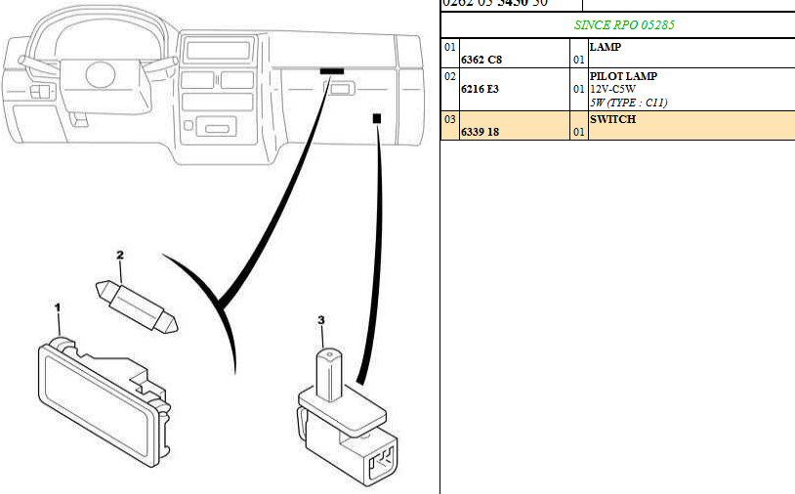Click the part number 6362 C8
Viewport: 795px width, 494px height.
click(481, 61)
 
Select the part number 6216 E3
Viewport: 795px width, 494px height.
click(480, 90)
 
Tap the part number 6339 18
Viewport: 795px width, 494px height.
click(480, 132)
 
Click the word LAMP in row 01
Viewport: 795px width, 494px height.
click(606, 47)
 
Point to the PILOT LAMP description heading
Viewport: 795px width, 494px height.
click(623, 76)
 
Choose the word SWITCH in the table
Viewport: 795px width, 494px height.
click(612, 119)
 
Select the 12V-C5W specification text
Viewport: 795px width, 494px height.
click(612, 89)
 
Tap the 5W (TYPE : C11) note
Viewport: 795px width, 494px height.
click(628, 103)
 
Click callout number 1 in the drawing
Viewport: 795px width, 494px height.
click(58, 308)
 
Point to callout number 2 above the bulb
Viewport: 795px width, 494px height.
click(120, 256)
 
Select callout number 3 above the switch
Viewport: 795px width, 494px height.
click(320, 319)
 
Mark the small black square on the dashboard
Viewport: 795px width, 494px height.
click(376, 117)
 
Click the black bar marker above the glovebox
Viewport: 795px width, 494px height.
click(331, 71)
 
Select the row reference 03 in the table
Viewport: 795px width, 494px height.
click(449, 119)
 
